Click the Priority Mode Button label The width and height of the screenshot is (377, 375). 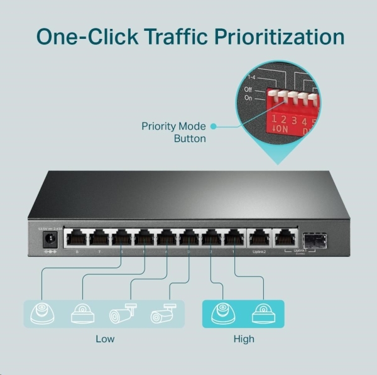174,132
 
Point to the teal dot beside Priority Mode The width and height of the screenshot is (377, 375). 214,126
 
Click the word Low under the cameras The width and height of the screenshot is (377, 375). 105,339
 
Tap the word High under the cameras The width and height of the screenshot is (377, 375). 244,339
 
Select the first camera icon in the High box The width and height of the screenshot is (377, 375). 224,312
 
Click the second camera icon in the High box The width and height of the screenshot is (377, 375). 263,312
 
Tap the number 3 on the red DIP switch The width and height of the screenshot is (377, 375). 292,119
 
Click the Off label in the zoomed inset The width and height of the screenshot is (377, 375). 249,90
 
